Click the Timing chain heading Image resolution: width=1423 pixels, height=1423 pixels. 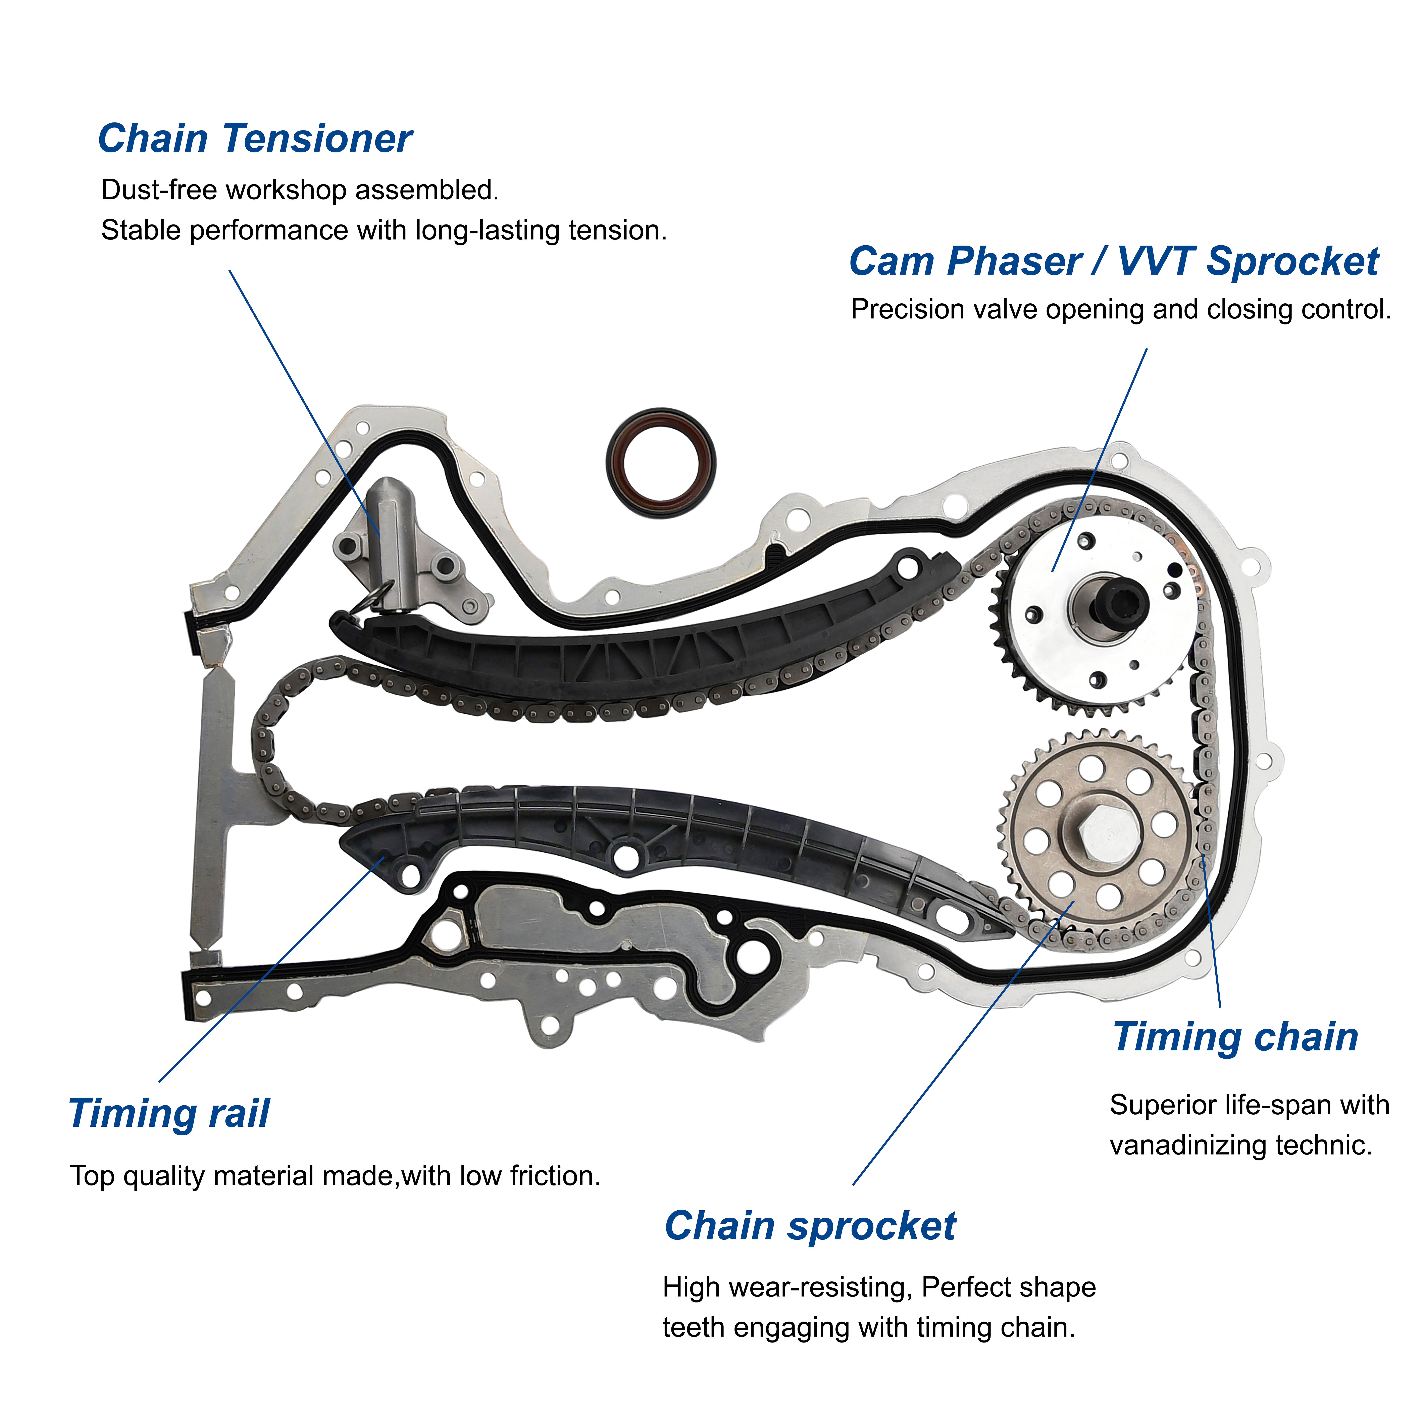pyautogui.click(x=1235, y=1037)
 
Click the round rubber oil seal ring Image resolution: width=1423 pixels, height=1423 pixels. pyautogui.click(x=661, y=463)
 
